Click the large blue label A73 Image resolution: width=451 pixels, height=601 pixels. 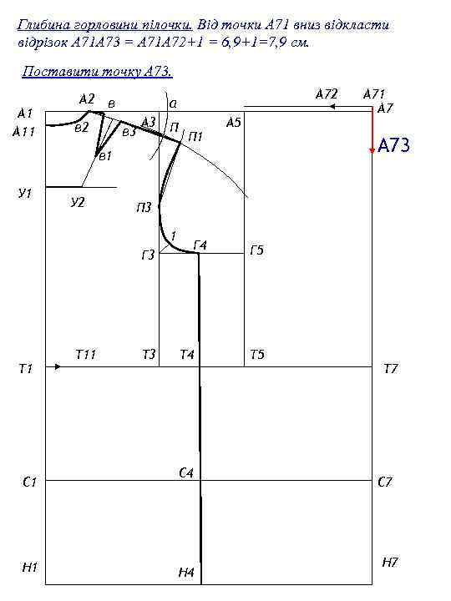point(394,145)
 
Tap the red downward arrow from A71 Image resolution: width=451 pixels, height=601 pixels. point(372,131)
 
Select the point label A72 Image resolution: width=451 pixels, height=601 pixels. point(327,93)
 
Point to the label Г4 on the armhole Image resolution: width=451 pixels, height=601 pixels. point(200,245)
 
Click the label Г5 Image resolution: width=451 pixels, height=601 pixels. point(257,250)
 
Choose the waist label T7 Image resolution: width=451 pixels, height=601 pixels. point(391,369)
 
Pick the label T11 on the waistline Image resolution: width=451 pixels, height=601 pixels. point(85,355)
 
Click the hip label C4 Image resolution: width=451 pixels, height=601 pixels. point(186,473)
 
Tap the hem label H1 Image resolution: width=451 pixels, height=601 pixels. point(29,567)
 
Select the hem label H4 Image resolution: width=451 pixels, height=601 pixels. point(186,573)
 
